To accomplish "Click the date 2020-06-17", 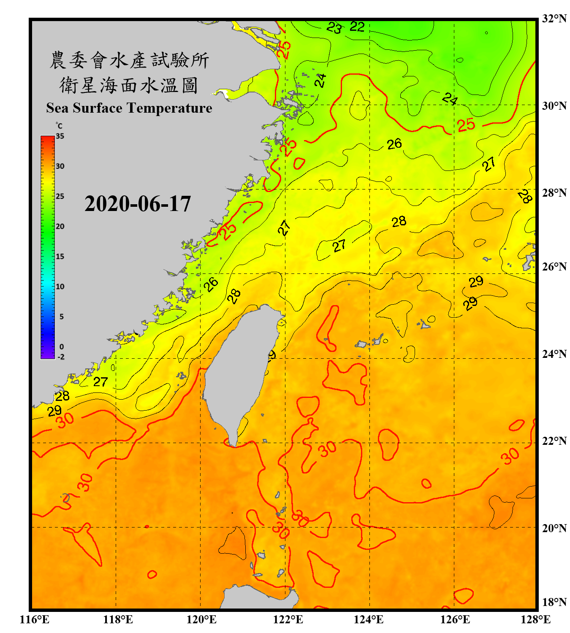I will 138,204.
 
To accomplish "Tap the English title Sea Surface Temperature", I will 129,108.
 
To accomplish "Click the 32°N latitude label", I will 554,19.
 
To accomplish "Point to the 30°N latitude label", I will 554,105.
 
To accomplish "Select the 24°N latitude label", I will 554,354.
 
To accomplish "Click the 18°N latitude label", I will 554,602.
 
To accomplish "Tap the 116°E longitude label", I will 35,619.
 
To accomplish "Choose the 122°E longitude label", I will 288,619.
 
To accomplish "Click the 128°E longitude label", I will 535,619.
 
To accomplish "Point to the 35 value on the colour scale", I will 60,136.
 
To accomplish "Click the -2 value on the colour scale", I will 61,357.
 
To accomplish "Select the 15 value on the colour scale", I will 60,256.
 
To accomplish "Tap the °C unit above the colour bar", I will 59,126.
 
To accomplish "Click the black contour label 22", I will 357,27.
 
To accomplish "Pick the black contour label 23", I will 334,28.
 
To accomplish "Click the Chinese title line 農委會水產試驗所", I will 129,60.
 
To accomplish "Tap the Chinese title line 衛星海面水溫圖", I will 129,85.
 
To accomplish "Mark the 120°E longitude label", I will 201,619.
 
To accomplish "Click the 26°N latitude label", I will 554,267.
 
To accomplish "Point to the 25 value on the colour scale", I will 60,196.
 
